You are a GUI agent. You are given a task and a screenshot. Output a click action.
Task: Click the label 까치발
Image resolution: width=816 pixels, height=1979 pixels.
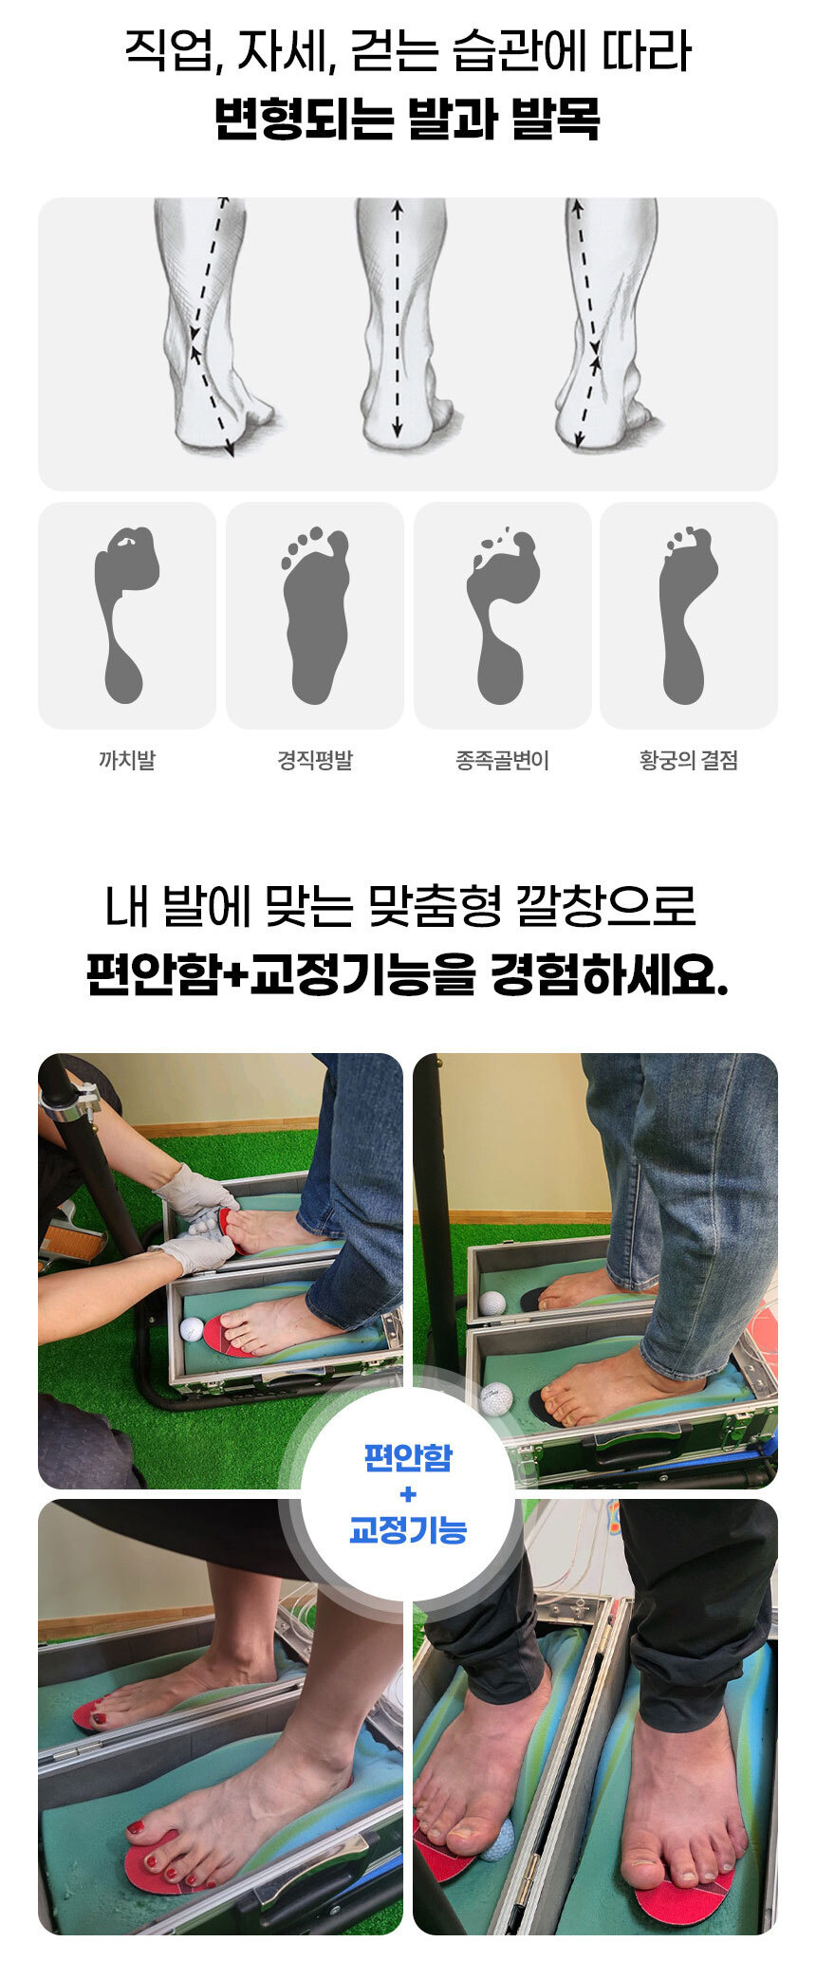126,760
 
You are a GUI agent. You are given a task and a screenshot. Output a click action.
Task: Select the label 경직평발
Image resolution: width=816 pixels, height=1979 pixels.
314,760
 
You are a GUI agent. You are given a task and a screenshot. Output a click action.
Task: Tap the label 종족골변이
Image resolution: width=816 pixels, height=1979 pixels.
502,760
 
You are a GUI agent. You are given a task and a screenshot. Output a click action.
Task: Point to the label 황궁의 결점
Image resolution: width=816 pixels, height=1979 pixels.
688,760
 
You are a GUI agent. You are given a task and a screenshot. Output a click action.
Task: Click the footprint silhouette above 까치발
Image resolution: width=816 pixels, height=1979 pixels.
124,615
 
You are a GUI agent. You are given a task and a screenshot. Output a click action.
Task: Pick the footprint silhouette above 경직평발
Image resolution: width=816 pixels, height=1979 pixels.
316,615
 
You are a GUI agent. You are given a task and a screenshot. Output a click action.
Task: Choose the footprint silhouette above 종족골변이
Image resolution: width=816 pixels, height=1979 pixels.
502,615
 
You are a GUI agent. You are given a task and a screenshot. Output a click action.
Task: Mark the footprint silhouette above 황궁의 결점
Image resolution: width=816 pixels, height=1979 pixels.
687,615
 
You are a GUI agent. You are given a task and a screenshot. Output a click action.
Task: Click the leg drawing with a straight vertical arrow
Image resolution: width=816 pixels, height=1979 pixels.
402,323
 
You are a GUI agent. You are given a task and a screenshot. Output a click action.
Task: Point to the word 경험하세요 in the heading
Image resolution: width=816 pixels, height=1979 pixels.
608,976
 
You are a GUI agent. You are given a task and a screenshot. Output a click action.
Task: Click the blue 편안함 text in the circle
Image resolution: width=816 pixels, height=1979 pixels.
408,1457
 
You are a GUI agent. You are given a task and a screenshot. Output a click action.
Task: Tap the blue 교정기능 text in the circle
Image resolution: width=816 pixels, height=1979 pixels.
408,1530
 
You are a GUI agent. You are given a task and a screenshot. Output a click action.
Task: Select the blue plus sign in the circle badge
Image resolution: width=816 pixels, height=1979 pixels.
408,1495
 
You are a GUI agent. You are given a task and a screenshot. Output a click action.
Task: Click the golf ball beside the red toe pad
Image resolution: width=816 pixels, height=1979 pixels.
192,1329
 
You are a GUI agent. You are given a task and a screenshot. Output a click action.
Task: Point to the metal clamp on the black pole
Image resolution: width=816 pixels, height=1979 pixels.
72,1101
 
